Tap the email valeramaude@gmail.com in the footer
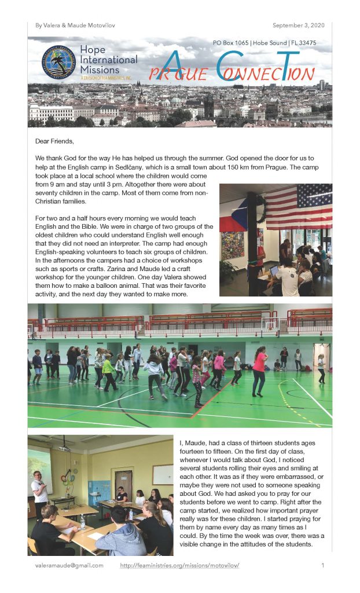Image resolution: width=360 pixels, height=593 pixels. click(69, 565)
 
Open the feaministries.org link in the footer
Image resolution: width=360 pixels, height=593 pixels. click(179, 565)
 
